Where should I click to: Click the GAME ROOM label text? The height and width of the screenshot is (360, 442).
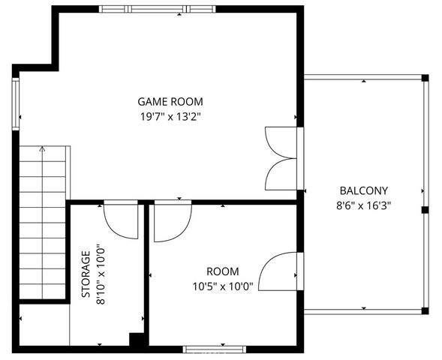pyautogui.click(x=170, y=101)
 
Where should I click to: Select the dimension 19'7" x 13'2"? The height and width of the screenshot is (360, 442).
pyautogui.click(x=170, y=116)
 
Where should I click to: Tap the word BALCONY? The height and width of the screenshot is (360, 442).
pyautogui.click(x=363, y=190)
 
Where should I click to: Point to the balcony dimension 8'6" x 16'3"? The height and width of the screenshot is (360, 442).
pyautogui.click(x=363, y=204)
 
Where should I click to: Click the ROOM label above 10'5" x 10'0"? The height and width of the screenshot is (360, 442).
pyautogui.click(x=223, y=271)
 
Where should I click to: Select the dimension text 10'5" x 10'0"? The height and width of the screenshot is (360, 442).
pyautogui.click(x=223, y=285)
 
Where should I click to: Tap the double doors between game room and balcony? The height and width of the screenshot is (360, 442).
pyautogui.click(x=284, y=159)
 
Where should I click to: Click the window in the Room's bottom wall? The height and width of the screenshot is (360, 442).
pyautogui.click(x=215, y=348)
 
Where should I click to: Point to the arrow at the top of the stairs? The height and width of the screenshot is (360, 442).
pyautogui.click(x=42, y=149)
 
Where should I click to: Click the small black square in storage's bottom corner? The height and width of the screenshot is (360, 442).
pyautogui.click(x=136, y=340)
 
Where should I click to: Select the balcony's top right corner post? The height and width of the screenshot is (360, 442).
pyautogui.click(x=424, y=77)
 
